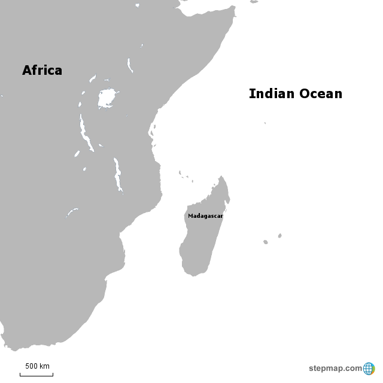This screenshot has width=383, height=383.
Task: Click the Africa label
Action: (42, 71)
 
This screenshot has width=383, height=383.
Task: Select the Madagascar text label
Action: (205, 215)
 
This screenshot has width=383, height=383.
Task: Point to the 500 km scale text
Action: (37, 366)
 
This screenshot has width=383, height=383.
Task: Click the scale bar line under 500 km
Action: (37, 375)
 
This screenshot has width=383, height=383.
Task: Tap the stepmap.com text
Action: (335, 368)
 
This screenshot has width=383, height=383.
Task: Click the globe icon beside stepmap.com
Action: (369, 368)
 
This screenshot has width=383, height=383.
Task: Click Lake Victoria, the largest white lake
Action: (107, 98)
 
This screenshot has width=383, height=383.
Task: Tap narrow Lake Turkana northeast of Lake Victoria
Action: (129, 65)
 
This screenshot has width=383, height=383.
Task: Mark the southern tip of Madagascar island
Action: (193, 275)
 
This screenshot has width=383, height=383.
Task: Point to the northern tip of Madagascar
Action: (223, 177)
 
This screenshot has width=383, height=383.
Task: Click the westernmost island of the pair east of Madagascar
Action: (266, 242)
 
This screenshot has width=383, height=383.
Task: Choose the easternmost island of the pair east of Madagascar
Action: (279, 236)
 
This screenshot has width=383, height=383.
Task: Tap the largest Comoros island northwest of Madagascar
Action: (180, 174)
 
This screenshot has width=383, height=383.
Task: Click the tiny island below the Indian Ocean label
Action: (265, 123)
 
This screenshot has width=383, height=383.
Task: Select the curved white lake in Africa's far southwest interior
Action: (72, 212)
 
